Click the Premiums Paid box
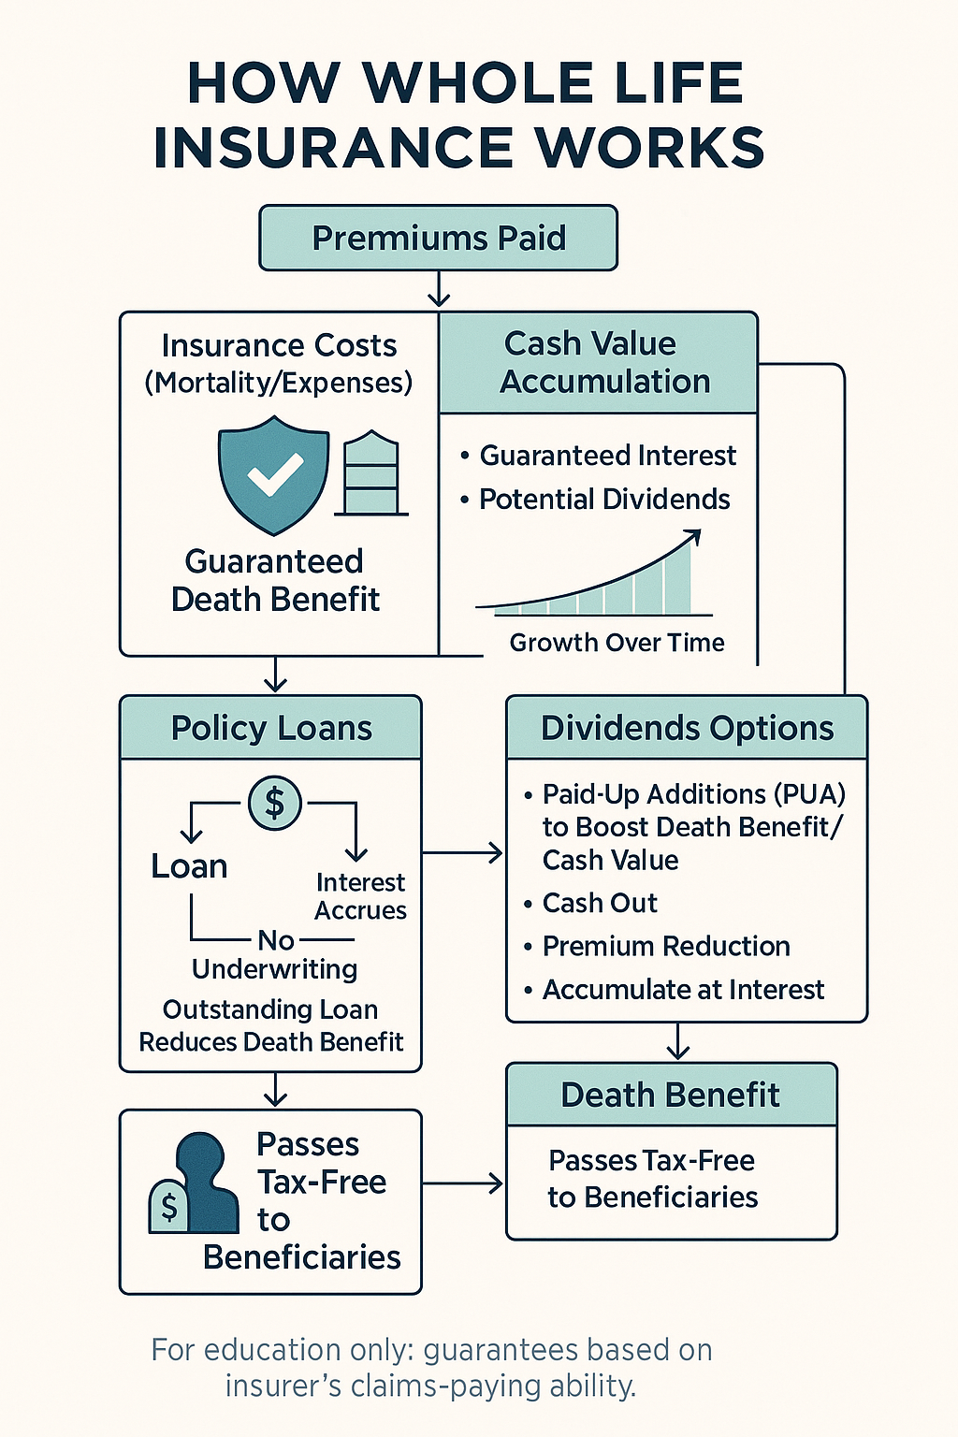point(438,238)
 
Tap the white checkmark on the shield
point(275,474)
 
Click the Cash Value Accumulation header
point(598,362)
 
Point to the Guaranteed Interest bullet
point(599,456)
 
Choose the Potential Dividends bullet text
point(604,499)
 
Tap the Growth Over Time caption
point(617,642)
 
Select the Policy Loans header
point(270,728)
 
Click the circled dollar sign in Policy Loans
point(275,804)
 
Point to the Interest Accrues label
point(360,896)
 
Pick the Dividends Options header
point(687,728)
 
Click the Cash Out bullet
point(590,903)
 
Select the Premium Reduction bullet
point(657,946)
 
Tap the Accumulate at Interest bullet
point(674,990)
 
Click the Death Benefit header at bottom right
point(671,1095)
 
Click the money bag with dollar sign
point(168,1206)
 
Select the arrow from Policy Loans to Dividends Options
point(462,853)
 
